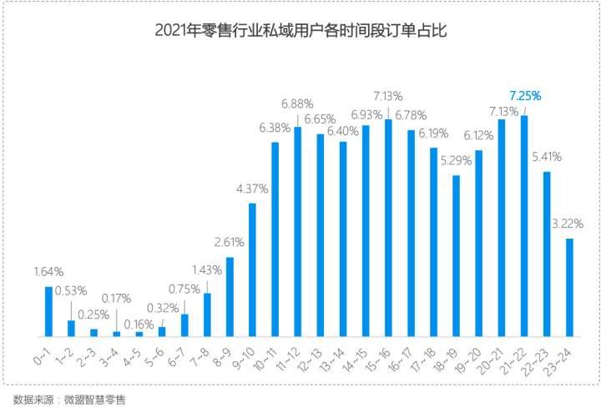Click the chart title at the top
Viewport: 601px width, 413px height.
point(300,32)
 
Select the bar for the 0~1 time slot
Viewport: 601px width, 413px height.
point(48,310)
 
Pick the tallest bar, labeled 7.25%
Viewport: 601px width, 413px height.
point(524,225)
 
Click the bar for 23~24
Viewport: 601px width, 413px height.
point(569,287)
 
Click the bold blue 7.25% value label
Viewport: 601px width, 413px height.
point(525,96)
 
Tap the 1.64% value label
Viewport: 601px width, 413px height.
point(48,272)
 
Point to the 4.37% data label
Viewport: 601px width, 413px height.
point(252,189)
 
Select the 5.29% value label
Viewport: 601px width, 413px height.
point(456,160)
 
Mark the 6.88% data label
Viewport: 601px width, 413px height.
point(297,103)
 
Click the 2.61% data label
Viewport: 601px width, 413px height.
point(229,243)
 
